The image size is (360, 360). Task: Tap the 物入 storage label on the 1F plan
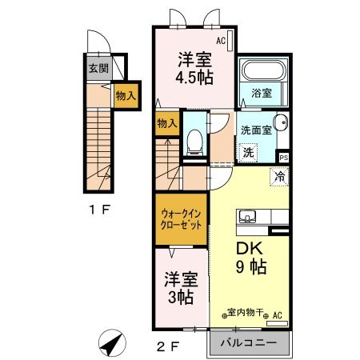[x=125, y=95]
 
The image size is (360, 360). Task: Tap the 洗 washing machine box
[x=249, y=152]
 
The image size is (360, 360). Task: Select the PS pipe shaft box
[x=283, y=157]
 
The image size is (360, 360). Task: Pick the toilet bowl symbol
[x=192, y=142]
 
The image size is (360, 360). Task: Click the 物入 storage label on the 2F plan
[x=166, y=123]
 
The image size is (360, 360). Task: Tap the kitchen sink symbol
[x=246, y=216]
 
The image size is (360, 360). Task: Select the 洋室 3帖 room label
[x=181, y=288]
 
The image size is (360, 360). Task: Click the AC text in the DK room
[x=277, y=316]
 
